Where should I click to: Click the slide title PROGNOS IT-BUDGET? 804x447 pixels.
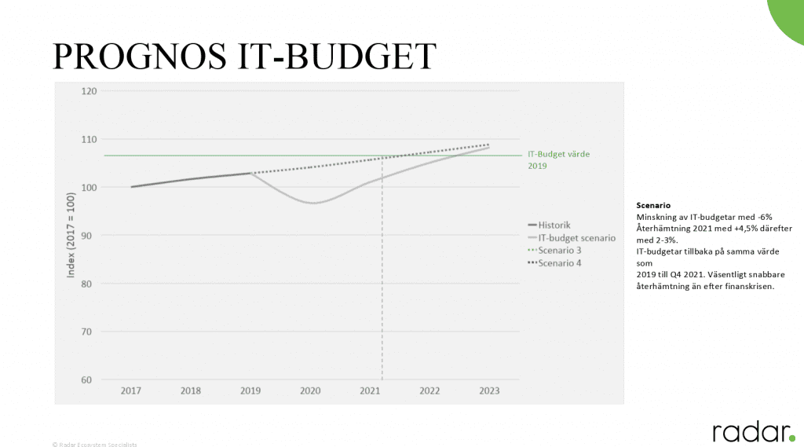click(x=243, y=57)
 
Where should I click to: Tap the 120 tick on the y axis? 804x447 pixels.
click(x=89, y=91)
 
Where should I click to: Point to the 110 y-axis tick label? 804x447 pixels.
click(x=89, y=139)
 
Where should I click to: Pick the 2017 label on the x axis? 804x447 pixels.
click(x=131, y=390)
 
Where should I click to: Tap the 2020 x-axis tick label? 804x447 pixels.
click(x=310, y=390)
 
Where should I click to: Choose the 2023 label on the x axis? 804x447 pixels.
click(x=488, y=390)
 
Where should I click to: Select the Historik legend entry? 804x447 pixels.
click(x=554, y=224)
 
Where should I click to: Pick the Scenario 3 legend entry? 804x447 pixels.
click(x=559, y=250)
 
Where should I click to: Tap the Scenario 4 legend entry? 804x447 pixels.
click(x=559, y=262)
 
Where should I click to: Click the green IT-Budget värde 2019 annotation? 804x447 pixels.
click(x=558, y=159)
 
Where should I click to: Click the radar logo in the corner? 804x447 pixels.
click(x=753, y=431)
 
